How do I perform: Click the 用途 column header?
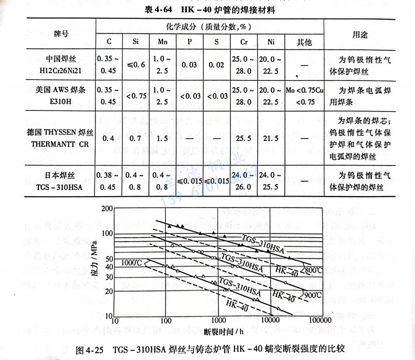pos(359,34)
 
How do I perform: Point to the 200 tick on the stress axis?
pos(107,209)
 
